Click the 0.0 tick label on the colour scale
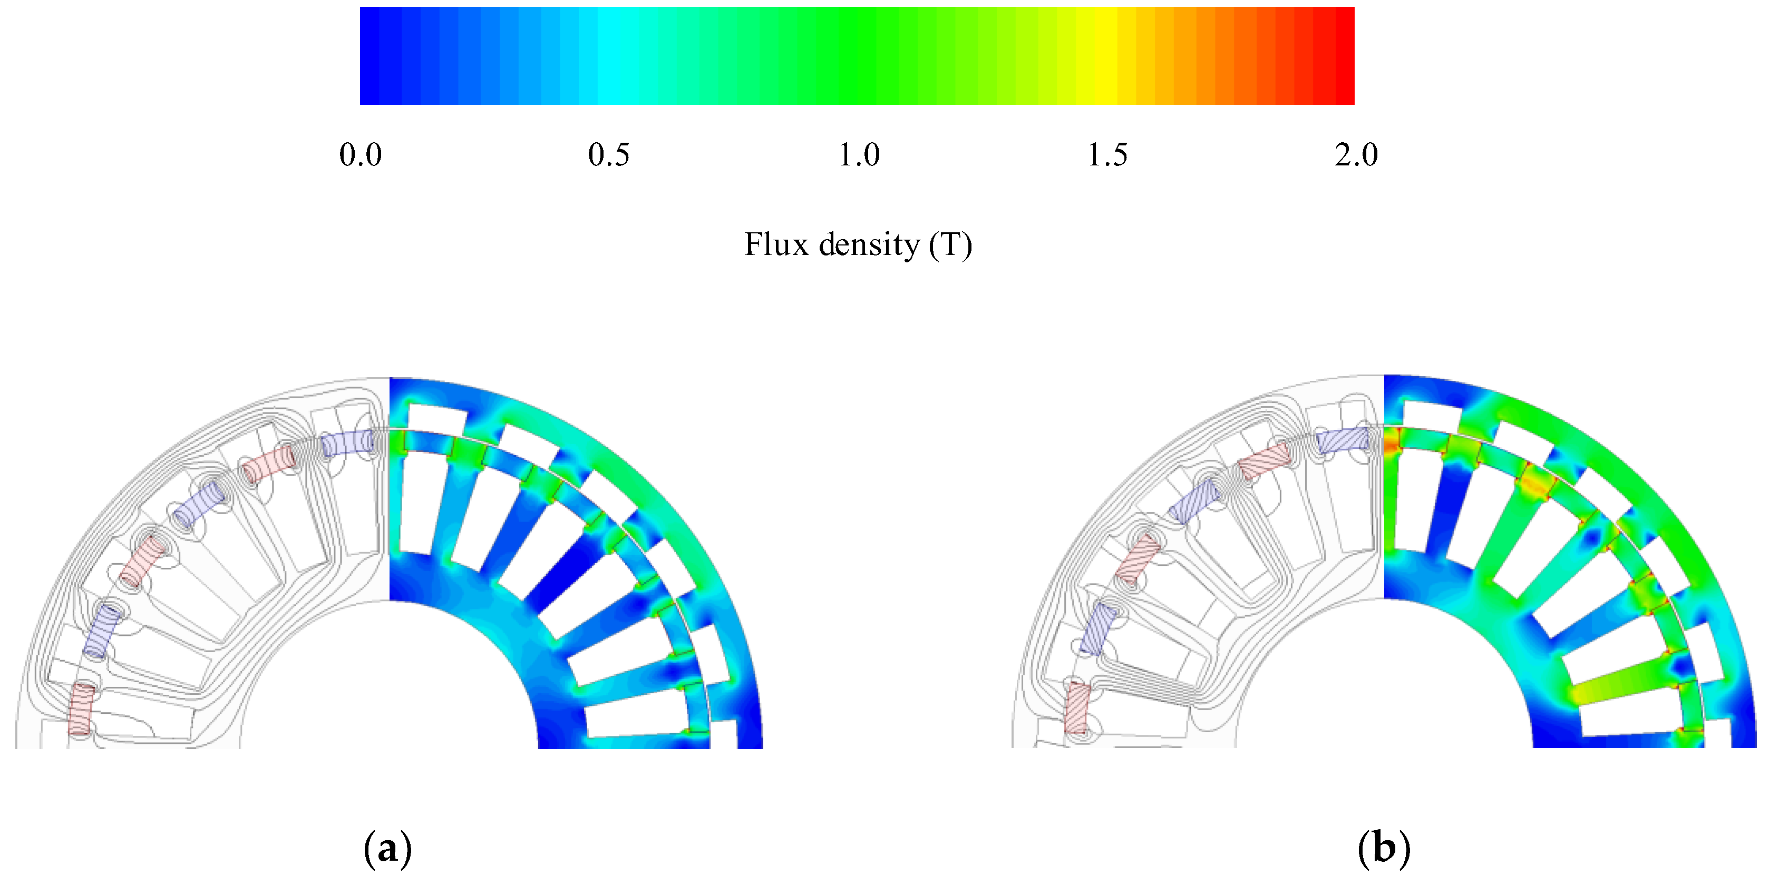click(361, 155)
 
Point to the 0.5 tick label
click(608, 155)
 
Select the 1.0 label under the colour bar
click(858, 155)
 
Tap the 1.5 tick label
click(1107, 155)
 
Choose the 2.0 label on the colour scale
click(1356, 155)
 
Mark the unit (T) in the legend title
click(951, 245)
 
